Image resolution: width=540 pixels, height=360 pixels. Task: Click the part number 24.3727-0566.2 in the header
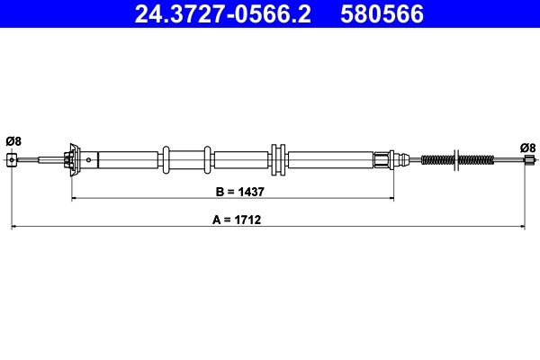tap(223, 14)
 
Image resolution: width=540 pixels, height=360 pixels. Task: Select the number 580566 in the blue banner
tap(382, 14)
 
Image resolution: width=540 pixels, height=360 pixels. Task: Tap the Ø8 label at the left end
tap(13, 141)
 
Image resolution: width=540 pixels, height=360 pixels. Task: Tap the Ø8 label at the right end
tap(527, 148)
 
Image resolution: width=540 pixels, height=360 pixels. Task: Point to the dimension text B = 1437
tap(239, 192)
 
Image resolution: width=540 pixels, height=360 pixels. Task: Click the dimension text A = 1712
tap(237, 220)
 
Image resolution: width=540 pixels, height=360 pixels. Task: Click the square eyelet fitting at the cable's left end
tap(12, 160)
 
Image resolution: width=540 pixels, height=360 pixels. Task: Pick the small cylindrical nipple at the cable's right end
tap(529, 160)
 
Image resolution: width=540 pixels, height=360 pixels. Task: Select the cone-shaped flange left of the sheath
tap(75, 160)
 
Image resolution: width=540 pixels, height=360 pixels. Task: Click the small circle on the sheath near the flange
tap(88, 160)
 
